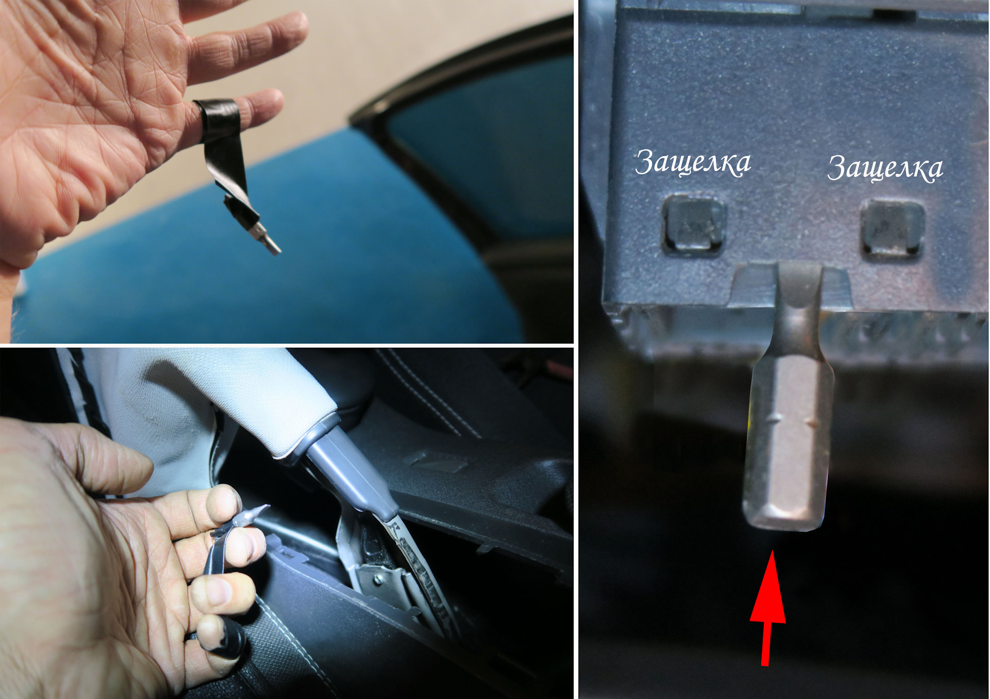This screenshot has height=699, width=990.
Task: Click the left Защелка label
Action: click(x=692, y=162)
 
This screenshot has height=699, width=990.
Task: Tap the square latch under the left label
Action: click(x=694, y=224)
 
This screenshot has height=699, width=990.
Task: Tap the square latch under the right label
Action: click(x=892, y=229)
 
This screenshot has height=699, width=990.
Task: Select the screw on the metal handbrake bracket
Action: click(x=378, y=580)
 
